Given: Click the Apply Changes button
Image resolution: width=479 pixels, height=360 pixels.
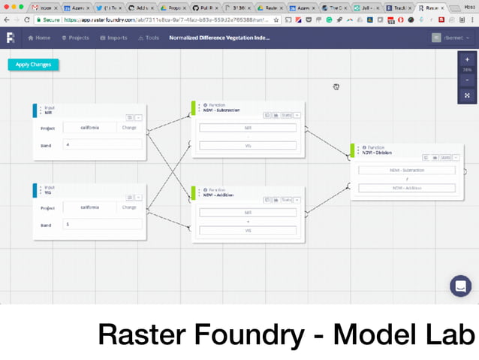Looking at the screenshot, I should click(x=33, y=65).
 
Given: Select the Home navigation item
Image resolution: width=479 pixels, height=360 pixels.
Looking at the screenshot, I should click(x=39, y=38).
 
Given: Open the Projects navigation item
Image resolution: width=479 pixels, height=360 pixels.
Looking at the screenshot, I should click(x=76, y=38).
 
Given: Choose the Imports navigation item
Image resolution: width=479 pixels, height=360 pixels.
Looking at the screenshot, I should click(x=113, y=38).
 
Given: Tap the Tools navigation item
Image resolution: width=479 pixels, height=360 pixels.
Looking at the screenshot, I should click(x=149, y=38).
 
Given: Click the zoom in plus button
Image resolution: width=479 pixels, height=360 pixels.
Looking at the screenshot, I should click(x=467, y=59).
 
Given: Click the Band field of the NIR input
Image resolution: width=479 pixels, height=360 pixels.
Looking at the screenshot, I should click(x=102, y=144).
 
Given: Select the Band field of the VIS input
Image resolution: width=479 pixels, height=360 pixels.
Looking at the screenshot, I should click(x=102, y=224).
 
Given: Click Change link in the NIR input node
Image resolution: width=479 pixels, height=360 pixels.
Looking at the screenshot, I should click(x=129, y=127).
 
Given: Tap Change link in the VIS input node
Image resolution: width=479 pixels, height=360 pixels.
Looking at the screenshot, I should click(x=129, y=207).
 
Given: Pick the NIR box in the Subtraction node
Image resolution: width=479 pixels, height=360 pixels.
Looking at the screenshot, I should click(x=248, y=128).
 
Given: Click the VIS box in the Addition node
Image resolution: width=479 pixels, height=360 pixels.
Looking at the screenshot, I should click(x=248, y=230).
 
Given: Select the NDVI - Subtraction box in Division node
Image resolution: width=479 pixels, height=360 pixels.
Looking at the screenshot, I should click(x=406, y=170).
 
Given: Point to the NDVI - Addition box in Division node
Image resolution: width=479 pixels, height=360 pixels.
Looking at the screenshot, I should click(x=406, y=187).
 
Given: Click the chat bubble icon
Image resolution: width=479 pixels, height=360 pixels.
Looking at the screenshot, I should click(x=460, y=286).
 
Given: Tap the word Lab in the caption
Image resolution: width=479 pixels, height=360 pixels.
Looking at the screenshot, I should click(x=450, y=334).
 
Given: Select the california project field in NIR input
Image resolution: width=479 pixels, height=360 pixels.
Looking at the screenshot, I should click(x=89, y=127).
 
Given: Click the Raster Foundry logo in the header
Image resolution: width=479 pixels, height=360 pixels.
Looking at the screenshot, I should click(x=11, y=38).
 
